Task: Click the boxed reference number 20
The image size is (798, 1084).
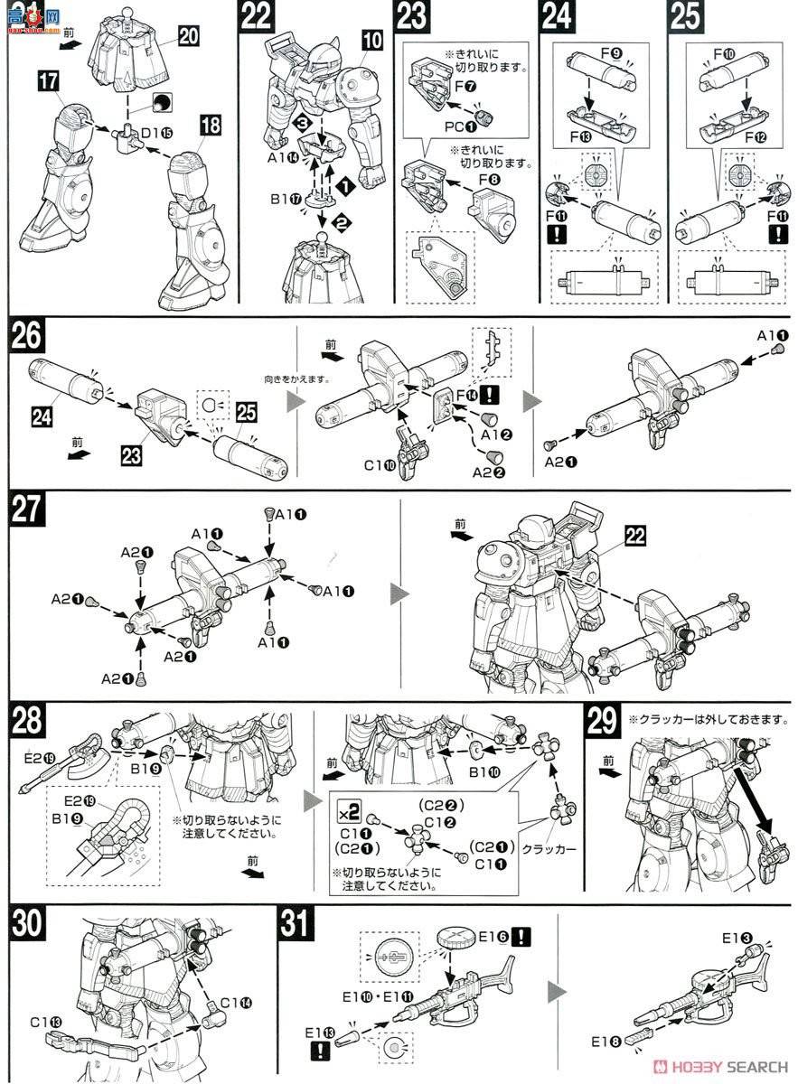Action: tap(188, 36)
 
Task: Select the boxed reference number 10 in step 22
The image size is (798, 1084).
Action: tap(372, 41)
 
